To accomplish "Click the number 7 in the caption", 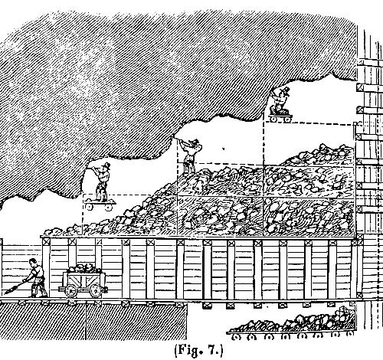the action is pos(211,349).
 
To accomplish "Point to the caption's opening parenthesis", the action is pos(176,351).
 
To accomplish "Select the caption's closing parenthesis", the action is pos(221,350).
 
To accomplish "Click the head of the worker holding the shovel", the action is pos(32,262).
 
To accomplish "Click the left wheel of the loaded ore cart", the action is pos(70,290).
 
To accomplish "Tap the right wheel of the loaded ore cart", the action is pos(95,290).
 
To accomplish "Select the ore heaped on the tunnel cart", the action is pos(83,268).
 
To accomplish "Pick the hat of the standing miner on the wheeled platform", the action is pos(106,165).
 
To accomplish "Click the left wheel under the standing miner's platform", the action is pos(89,206).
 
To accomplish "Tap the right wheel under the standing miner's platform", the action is pos(108,207).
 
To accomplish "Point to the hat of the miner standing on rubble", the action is pos(195,141).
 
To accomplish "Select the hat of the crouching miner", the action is pos(286,90).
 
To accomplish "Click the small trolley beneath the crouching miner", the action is pos(280,117).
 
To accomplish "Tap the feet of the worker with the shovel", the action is pos(38,295).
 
